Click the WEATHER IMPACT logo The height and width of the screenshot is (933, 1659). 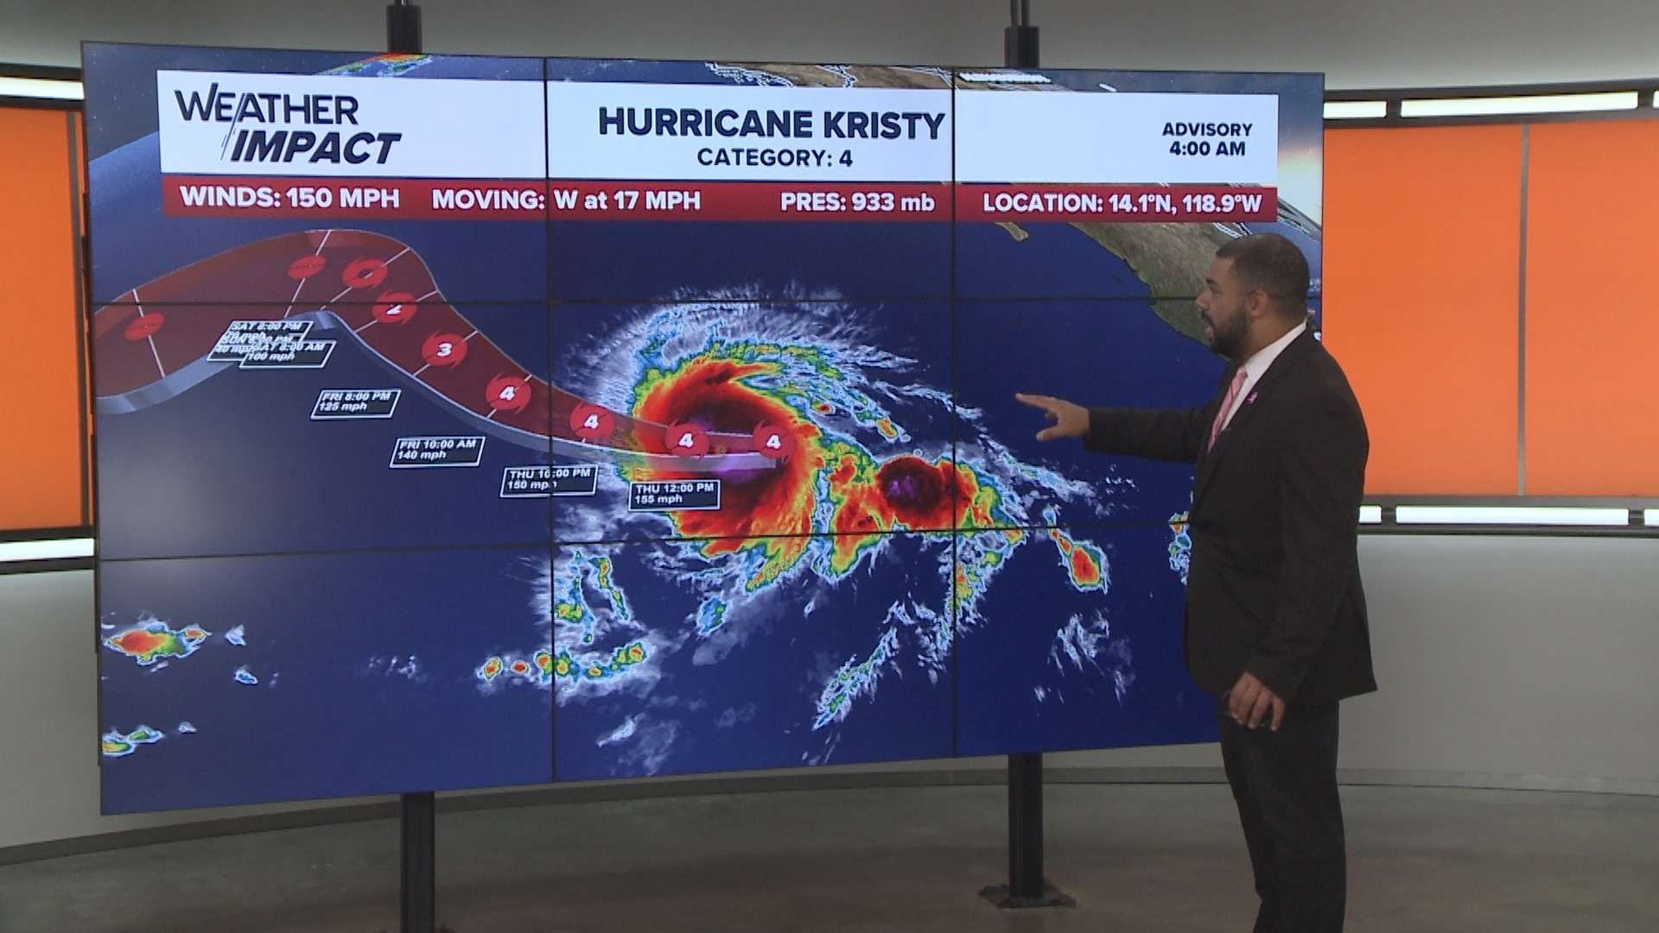point(288,128)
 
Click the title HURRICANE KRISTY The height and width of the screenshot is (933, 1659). point(771,124)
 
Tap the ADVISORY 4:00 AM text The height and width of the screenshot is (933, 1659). point(1206,138)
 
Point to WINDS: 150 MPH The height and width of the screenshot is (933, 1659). point(289,198)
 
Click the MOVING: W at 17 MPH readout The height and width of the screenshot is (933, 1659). point(566,200)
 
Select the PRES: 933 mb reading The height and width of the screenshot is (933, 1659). point(857,202)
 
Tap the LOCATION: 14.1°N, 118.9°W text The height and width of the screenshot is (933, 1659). point(1122,204)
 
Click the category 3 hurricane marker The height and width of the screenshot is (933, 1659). point(445,350)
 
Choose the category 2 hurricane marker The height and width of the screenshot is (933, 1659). point(397,308)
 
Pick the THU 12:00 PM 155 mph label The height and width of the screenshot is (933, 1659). point(674,493)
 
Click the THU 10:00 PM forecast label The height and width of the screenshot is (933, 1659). point(550,479)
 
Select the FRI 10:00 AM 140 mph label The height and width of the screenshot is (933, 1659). point(436,450)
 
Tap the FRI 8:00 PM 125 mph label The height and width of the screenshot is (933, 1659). point(356,402)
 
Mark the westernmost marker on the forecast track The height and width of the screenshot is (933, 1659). point(144,327)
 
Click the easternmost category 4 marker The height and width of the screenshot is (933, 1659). point(773,442)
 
